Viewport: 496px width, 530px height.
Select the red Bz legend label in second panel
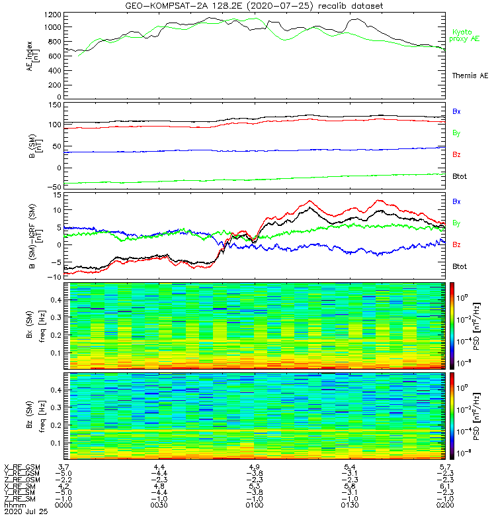456,154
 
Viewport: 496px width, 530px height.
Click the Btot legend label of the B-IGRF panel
460,266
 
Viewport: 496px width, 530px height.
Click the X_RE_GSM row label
21,467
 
